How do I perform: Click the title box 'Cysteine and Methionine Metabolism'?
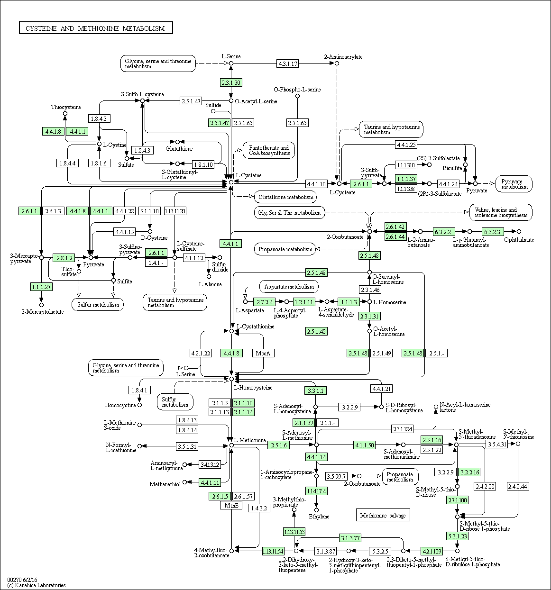(96, 28)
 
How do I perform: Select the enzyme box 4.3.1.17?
(287, 64)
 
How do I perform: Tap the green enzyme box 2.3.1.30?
(231, 82)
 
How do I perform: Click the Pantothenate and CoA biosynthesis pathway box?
(269, 150)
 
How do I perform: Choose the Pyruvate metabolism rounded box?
(514, 184)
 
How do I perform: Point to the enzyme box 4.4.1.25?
(406, 145)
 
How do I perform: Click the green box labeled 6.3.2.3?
(492, 232)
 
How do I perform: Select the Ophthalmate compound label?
(519, 240)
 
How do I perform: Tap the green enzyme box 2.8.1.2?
(64, 258)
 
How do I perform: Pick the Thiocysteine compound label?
(66, 107)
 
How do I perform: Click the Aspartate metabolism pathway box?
(289, 287)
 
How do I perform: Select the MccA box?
(263, 353)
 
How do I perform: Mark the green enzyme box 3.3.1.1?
(315, 390)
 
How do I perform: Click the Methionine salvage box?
(383, 516)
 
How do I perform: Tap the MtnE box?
(231, 505)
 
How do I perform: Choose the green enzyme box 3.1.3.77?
(350, 538)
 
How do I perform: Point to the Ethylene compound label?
(319, 517)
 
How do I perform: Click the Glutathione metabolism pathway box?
(285, 197)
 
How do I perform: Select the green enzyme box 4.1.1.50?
(364, 445)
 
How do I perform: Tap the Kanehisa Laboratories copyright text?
(37, 585)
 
